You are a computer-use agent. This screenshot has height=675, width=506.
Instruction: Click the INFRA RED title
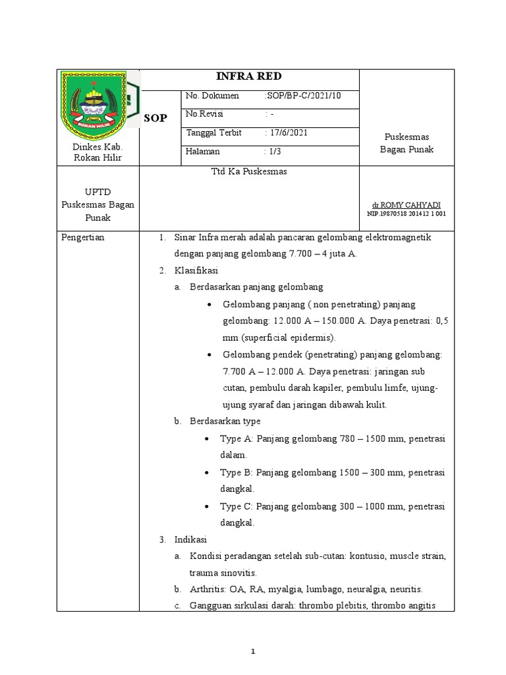pyautogui.click(x=250, y=76)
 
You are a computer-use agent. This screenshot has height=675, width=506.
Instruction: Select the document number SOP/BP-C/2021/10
pyautogui.click(x=303, y=96)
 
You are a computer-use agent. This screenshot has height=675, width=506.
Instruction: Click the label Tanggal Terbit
pyautogui.click(x=213, y=133)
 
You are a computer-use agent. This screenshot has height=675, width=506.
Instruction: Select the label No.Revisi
pyautogui.click(x=205, y=114)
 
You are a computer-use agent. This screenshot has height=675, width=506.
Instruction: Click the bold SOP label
pyautogui.click(x=155, y=118)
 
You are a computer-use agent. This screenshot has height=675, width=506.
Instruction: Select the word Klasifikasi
pyautogui.click(x=196, y=270)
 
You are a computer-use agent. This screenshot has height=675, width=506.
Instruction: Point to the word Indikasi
pyautogui.click(x=191, y=539)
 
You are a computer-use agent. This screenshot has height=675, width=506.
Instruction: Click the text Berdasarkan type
pyautogui.click(x=225, y=421)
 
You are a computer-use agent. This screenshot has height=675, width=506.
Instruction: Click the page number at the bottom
pyautogui.click(x=252, y=651)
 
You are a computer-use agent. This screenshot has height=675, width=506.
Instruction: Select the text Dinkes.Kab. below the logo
pyautogui.click(x=98, y=147)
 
